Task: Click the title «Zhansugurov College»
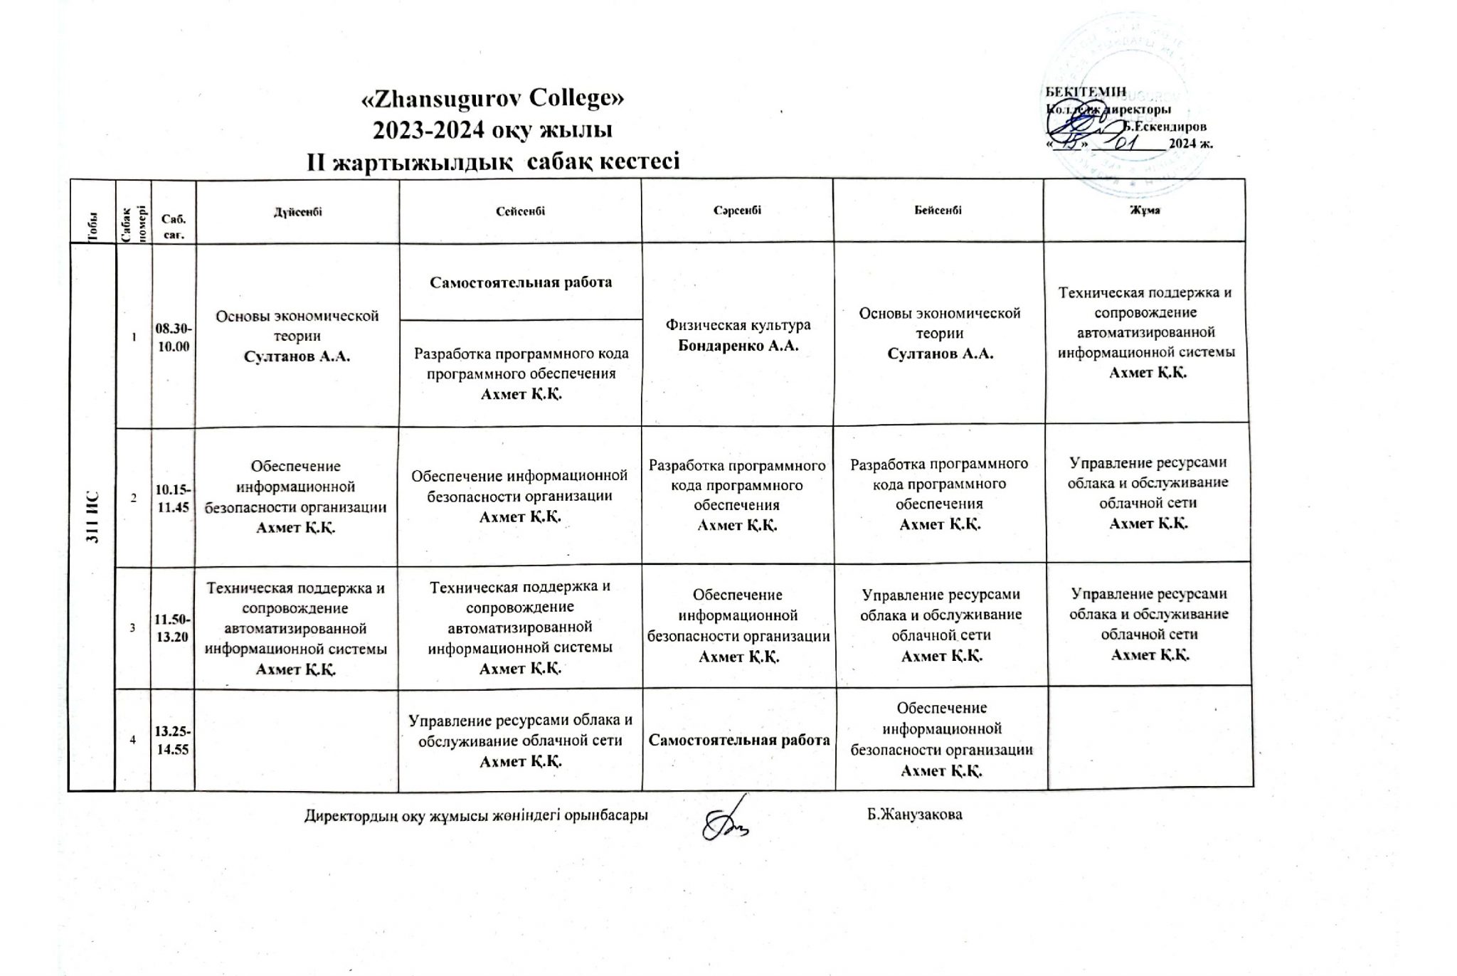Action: [493, 100]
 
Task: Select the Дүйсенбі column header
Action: [298, 211]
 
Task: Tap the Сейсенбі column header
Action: [521, 211]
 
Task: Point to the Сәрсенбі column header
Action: [737, 211]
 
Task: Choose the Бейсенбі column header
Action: [938, 211]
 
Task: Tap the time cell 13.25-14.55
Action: [173, 740]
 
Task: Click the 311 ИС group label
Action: [92, 517]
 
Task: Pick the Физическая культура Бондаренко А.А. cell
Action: [738, 335]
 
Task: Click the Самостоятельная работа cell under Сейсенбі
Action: [521, 282]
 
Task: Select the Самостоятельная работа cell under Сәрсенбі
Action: [739, 740]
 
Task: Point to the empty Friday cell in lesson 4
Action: [1150, 737]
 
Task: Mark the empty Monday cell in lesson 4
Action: [297, 740]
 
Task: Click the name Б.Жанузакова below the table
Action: [914, 815]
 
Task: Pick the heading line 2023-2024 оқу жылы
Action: [493, 131]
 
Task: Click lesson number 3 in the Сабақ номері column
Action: [133, 627]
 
